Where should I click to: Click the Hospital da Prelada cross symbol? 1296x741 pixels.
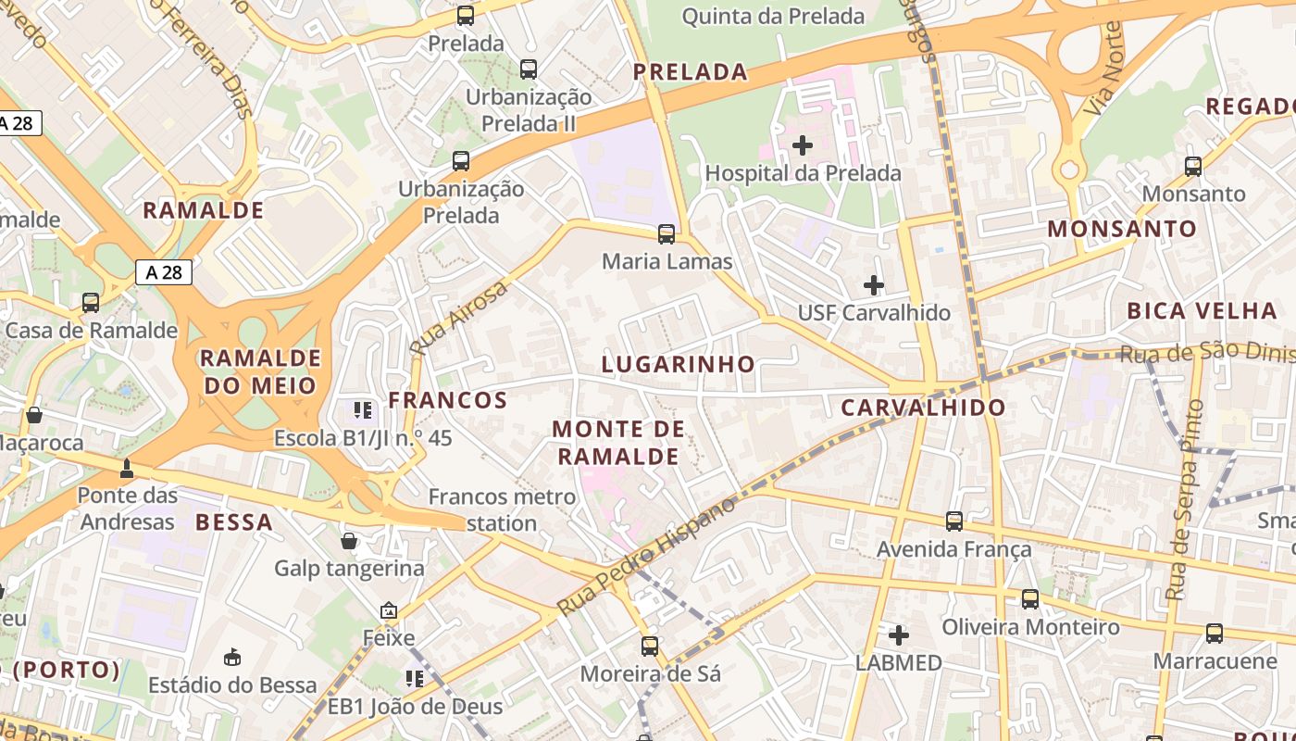[x=803, y=145]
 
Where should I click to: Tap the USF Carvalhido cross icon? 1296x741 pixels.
[x=873, y=285]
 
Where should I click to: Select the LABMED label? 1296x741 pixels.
[x=898, y=662]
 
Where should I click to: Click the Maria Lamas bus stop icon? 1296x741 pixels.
[x=667, y=234]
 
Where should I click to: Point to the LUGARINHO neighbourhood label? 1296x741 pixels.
[x=679, y=364]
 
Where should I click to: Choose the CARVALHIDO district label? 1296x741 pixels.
[x=923, y=408]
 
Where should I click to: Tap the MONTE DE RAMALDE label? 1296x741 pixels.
[x=618, y=443]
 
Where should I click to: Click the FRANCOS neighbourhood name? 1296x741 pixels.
[x=448, y=400]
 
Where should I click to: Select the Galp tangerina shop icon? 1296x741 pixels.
[x=349, y=541]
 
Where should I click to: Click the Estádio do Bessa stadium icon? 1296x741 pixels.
[x=232, y=658]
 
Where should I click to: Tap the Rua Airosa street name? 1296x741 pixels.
[x=459, y=319]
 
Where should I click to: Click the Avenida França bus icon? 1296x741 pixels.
[x=954, y=521]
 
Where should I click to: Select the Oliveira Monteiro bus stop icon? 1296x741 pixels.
[x=1030, y=599]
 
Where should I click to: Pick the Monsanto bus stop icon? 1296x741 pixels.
[x=1193, y=167]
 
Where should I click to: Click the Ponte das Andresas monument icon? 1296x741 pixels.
[x=127, y=469]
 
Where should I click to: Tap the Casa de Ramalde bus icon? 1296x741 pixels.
[x=91, y=303]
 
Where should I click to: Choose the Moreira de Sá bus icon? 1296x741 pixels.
[x=650, y=646]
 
